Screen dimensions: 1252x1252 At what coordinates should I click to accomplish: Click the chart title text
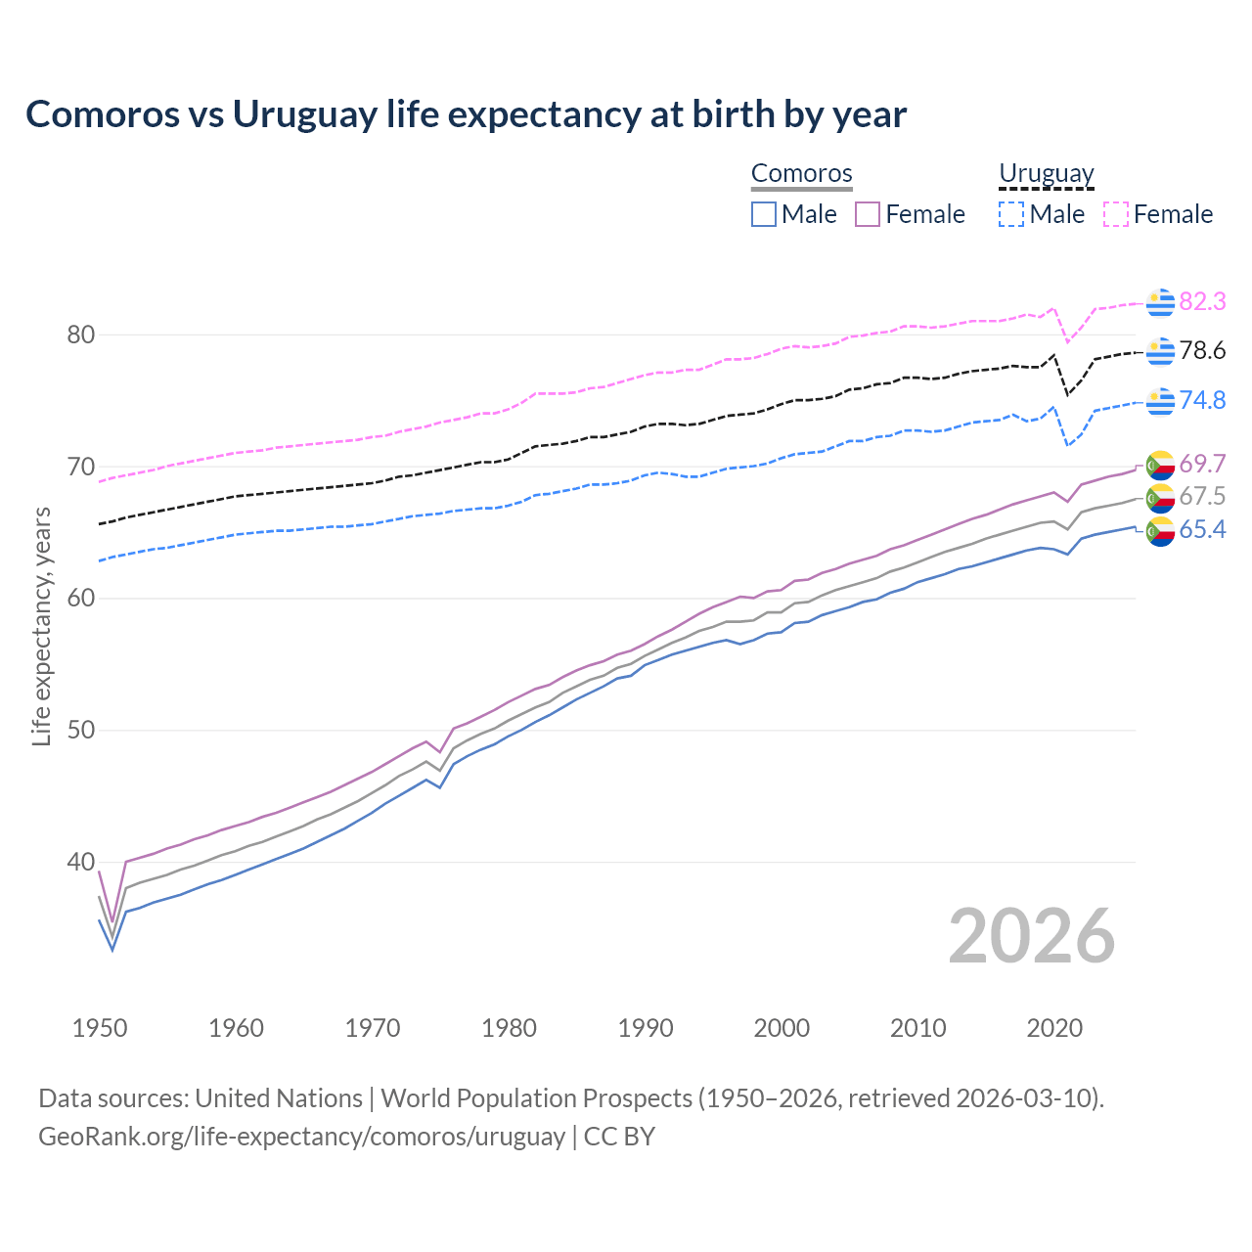point(466,114)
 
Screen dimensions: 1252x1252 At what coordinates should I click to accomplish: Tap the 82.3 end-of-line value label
point(1202,302)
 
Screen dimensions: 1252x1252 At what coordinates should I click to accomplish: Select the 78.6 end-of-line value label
point(1202,351)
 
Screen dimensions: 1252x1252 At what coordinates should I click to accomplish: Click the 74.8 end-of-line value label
point(1202,401)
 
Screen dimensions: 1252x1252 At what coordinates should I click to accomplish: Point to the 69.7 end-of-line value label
point(1202,464)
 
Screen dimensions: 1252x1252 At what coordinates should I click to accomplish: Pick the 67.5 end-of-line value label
point(1202,497)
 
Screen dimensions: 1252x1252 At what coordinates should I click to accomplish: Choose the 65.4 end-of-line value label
point(1202,530)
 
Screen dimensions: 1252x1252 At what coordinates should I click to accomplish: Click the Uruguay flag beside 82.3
point(1160,303)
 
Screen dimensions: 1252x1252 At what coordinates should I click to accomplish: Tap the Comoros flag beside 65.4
point(1160,531)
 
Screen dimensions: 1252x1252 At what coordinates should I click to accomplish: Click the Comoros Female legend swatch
point(868,214)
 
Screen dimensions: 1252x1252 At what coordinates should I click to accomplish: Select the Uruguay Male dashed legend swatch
point(1011,214)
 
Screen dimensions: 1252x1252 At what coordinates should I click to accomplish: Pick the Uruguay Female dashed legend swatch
point(1116,214)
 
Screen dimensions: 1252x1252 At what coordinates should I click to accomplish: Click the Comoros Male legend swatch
point(764,214)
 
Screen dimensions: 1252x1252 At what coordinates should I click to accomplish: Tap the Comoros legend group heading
point(802,174)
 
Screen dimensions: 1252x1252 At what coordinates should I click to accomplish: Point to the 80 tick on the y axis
point(80,335)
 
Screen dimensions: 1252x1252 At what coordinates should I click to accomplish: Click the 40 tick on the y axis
point(80,863)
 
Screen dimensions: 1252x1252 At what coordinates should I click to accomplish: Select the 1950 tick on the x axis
point(100,1028)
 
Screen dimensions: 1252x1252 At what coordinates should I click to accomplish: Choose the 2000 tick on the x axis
point(782,1028)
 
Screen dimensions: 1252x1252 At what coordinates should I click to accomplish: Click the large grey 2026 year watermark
point(1031,936)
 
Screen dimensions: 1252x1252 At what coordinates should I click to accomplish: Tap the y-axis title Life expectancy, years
point(42,626)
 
